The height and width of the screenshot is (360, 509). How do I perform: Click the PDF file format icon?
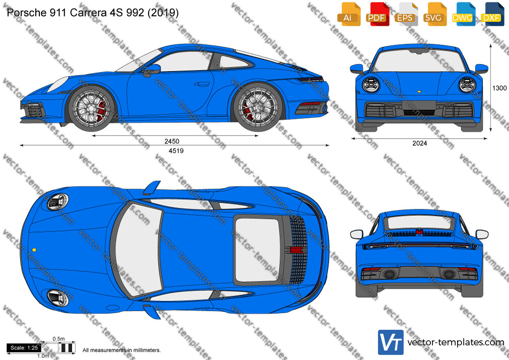click(377, 14)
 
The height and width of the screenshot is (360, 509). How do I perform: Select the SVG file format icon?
click(435, 14)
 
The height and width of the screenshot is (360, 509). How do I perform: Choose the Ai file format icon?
click(349, 14)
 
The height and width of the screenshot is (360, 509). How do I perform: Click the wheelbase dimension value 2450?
click(172, 141)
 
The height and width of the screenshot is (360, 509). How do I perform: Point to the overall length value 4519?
click(176, 151)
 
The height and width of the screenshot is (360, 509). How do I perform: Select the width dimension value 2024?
click(420, 143)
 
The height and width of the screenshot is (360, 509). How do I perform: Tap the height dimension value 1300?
click(499, 88)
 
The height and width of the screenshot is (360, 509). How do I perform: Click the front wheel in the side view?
click(92, 107)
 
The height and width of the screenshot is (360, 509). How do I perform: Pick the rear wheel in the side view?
click(258, 107)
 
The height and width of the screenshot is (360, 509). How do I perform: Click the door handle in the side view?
click(202, 85)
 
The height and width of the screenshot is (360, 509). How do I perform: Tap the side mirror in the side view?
click(152, 69)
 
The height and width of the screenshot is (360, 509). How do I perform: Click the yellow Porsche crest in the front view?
click(419, 92)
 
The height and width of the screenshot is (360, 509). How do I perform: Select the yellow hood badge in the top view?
click(34, 250)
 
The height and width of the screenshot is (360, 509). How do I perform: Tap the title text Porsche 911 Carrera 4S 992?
click(75, 12)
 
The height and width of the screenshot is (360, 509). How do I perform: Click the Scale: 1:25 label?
click(24, 348)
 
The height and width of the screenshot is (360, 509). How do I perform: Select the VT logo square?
click(391, 342)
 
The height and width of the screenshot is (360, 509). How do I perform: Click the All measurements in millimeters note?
click(121, 350)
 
